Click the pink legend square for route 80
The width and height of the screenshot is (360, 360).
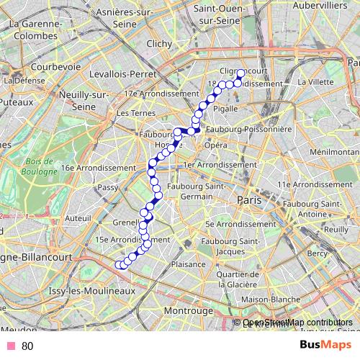(x=10, y=346)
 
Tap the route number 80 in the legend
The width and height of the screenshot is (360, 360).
(x=27, y=346)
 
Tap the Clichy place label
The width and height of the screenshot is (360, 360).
(x=158, y=44)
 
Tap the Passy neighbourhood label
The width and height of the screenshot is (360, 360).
(x=107, y=187)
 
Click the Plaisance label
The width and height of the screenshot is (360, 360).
(x=189, y=264)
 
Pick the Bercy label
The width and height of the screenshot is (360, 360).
(x=317, y=253)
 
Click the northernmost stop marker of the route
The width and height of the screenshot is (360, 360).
(x=240, y=73)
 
